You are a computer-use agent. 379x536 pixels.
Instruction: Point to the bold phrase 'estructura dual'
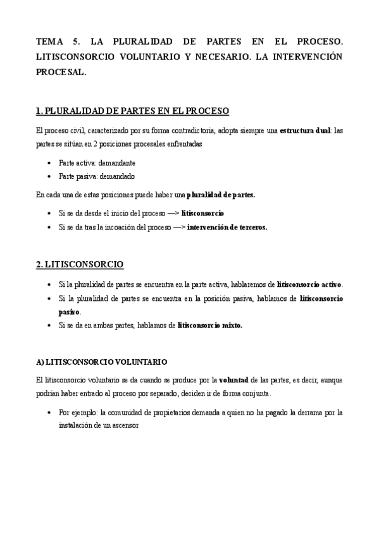[x=305, y=131]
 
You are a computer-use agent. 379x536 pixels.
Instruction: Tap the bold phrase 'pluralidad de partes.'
[x=221, y=195]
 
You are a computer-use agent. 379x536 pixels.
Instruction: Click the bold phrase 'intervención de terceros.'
[x=227, y=228]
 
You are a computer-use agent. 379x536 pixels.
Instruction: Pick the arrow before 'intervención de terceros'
[x=178, y=228]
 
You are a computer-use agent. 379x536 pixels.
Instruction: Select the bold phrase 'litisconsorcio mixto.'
[x=210, y=326]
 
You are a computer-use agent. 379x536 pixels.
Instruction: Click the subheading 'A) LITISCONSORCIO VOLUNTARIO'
[x=102, y=362]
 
